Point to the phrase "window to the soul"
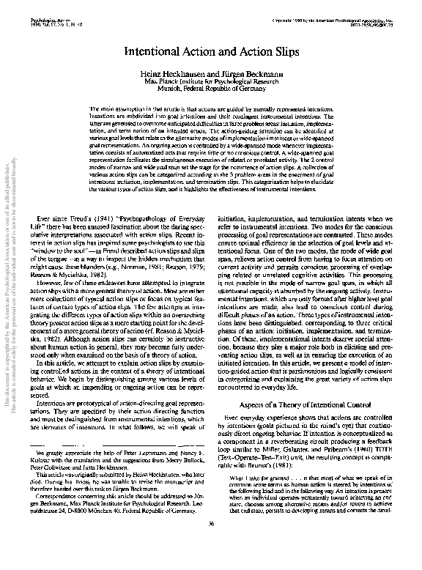click(x=70, y=232)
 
